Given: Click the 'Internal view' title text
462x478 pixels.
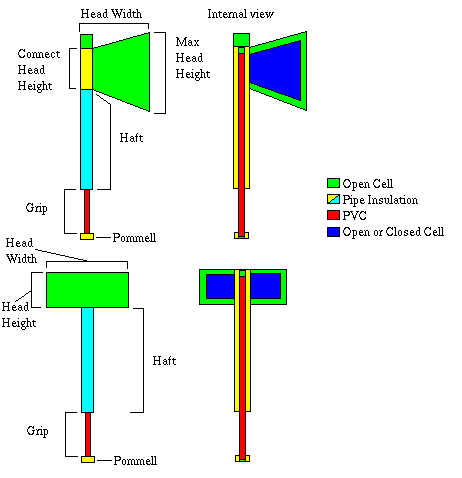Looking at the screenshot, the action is tap(240, 14).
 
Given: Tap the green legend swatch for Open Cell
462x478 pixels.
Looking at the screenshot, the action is tap(333, 183).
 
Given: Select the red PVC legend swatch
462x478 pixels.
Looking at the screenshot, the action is tap(333, 215).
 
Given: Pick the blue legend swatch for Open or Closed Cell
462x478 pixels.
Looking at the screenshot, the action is tap(333, 232).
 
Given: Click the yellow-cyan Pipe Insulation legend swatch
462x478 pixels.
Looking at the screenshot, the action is tap(333, 199).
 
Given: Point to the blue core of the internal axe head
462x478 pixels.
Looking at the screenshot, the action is tap(275, 71).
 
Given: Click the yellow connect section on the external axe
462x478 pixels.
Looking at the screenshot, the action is tap(86, 69).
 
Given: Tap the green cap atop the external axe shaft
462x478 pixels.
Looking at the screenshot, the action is tap(86, 41).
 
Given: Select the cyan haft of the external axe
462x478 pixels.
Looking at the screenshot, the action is tap(86, 139).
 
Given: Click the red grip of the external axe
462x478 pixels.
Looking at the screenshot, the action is tap(87, 212).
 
